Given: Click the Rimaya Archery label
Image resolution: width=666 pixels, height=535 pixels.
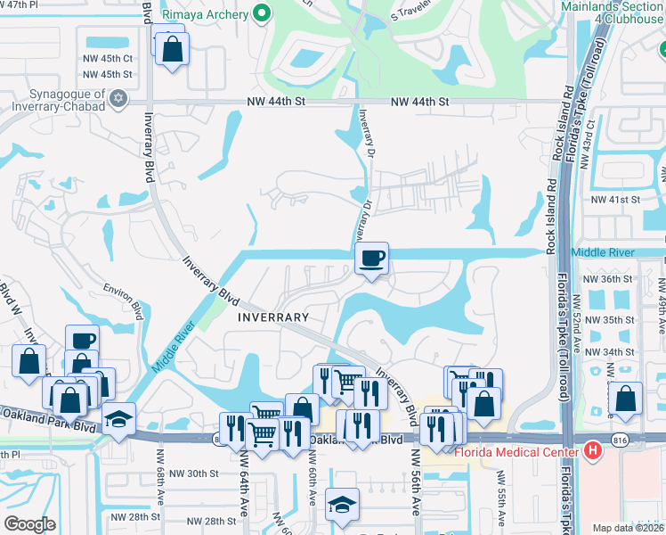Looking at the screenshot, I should (206, 13).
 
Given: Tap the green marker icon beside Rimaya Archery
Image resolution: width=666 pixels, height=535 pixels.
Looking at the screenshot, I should (262, 13).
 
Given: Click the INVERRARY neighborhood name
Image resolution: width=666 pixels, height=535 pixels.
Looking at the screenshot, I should (273, 317).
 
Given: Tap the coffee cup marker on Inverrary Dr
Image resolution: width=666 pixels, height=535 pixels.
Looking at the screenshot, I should (371, 259).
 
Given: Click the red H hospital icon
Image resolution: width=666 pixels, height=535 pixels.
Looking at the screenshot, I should (594, 450).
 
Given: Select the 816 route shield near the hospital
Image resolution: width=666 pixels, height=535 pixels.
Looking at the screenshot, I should (620, 439).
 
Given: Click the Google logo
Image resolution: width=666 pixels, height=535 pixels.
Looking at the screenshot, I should (29, 523).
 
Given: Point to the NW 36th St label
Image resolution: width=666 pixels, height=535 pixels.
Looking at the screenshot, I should (608, 278).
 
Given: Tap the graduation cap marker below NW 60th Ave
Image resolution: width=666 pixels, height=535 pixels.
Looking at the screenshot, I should (342, 505).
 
